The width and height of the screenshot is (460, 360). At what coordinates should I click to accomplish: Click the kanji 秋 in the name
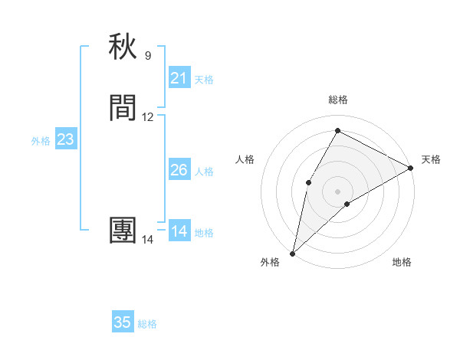pyautogui.click(x=123, y=47)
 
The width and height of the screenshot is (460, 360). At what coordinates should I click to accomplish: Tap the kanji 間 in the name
pyautogui.click(x=123, y=108)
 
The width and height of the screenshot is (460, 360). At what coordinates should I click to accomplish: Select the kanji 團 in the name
pyautogui.click(x=123, y=231)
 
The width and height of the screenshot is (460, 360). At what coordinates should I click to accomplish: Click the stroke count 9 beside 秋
pyautogui.click(x=148, y=55)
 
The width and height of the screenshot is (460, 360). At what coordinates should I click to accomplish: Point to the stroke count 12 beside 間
pyautogui.click(x=148, y=117)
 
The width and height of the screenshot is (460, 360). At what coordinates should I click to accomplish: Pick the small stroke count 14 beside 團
pyautogui.click(x=148, y=240)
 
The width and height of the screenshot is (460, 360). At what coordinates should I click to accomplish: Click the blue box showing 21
pyautogui.click(x=179, y=78)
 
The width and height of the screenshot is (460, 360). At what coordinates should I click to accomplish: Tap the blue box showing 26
pyautogui.click(x=179, y=170)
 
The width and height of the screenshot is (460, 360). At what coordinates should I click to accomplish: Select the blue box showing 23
pyautogui.click(x=66, y=139)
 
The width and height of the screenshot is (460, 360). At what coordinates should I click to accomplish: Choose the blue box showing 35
pyautogui.click(x=123, y=322)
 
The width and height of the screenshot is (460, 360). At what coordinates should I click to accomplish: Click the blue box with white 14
pyautogui.click(x=179, y=231)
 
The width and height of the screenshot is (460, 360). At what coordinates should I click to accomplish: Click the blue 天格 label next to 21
pyautogui.click(x=204, y=80)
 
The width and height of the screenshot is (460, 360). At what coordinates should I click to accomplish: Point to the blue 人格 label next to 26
pyautogui.click(x=204, y=172)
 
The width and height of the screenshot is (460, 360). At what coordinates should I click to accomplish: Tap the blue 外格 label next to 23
pyautogui.click(x=41, y=141)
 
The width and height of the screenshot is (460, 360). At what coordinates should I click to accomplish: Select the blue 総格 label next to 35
pyautogui.click(x=147, y=324)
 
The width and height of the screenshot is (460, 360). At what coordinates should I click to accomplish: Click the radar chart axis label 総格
pyautogui.click(x=337, y=100)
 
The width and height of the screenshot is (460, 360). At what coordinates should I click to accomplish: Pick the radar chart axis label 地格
pyautogui.click(x=402, y=262)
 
